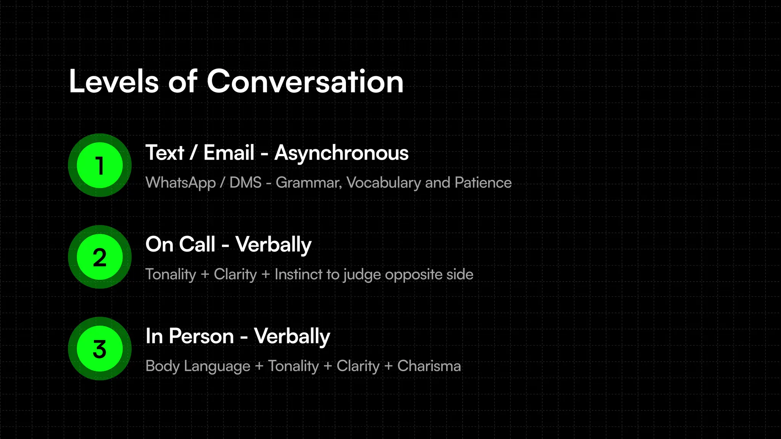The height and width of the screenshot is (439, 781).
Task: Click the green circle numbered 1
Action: [x=100, y=165]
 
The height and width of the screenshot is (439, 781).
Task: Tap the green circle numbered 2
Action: [x=100, y=257]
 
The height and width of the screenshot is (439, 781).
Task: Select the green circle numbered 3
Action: [x=100, y=349]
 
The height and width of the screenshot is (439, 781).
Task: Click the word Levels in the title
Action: [x=114, y=82]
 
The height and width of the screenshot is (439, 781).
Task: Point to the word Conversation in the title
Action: [x=305, y=82]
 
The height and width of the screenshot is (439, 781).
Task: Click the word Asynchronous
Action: [x=341, y=153]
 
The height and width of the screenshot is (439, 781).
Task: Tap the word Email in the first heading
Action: [x=229, y=153]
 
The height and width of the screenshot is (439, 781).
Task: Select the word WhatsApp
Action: [x=181, y=183]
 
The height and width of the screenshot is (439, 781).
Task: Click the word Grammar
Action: [x=309, y=183]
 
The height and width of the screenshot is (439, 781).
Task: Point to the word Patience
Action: [x=483, y=183]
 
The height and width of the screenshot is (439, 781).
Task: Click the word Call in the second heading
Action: [x=198, y=244]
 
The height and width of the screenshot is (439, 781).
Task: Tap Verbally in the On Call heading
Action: [x=273, y=245]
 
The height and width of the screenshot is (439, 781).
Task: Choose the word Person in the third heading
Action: [x=201, y=336]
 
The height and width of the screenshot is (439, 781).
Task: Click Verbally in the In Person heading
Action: [x=292, y=336]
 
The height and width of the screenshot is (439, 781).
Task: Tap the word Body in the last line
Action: [x=162, y=366]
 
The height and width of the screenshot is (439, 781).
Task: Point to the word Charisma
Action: [x=429, y=366]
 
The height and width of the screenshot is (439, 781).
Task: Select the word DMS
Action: [x=246, y=183]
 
